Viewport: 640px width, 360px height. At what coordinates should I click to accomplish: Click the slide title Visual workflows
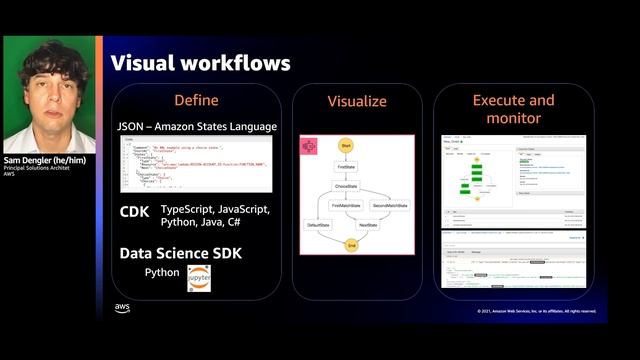click(x=200, y=63)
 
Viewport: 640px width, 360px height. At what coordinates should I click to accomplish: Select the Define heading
click(x=196, y=100)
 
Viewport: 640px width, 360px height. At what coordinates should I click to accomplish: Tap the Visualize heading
click(x=357, y=102)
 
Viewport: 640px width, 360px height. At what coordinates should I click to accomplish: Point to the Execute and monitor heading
click(x=513, y=109)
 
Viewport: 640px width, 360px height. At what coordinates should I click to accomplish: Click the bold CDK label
click(x=134, y=211)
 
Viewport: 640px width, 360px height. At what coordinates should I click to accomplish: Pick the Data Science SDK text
click(x=180, y=253)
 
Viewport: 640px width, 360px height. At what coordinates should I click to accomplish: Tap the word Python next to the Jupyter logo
click(x=162, y=272)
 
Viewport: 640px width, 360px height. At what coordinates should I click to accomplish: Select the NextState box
click(x=368, y=225)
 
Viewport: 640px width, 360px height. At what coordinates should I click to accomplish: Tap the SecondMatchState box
click(x=390, y=205)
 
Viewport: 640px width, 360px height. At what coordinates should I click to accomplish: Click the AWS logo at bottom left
click(x=122, y=308)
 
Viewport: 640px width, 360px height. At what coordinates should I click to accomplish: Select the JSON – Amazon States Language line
click(x=196, y=127)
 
